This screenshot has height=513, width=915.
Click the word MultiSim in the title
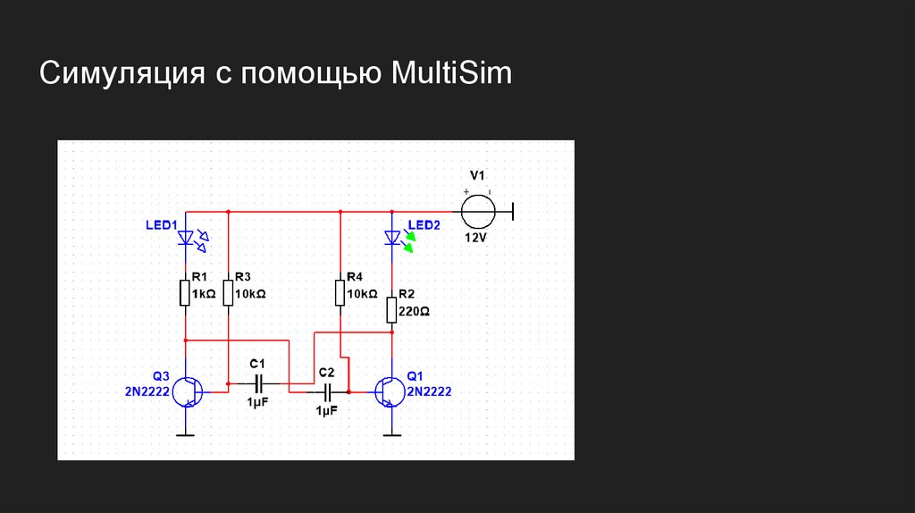[x=451, y=73]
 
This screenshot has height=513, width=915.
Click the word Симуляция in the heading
[x=122, y=74]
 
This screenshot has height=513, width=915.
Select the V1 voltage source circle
[x=479, y=212]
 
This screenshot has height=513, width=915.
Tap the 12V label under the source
[x=475, y=238]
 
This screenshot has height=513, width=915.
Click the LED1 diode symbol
[x=186, y=238]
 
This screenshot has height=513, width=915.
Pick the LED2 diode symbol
[x=392, y=238]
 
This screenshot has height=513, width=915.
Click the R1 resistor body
[x=185, y=292]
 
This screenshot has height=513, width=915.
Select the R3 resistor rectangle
[x=228, y=292]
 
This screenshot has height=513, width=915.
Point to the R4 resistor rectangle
[x=340, y=292]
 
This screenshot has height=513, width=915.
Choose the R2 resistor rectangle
[x=391, y=310]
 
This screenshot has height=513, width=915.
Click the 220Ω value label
[x=415, y=312]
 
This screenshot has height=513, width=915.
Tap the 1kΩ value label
[x=204, y=294]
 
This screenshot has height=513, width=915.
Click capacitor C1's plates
[x=258, y=383]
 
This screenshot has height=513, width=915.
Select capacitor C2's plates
[x=327, y=392]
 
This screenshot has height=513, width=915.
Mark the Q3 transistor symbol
[x=188, y=392]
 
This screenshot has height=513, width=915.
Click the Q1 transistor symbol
[x=390, y=392]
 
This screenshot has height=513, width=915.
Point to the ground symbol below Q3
[x=186, y=434]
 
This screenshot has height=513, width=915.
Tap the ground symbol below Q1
[x=391, y=434]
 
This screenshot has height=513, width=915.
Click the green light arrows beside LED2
[x=409, y=241]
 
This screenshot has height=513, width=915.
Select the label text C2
[x=327, y=373]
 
